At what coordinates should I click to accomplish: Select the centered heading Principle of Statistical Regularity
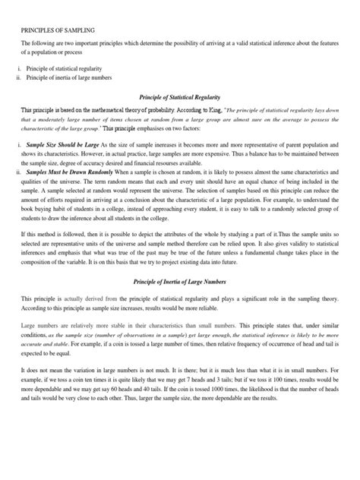(180, 97)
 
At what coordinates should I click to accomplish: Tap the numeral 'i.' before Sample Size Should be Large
(18, 143)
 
